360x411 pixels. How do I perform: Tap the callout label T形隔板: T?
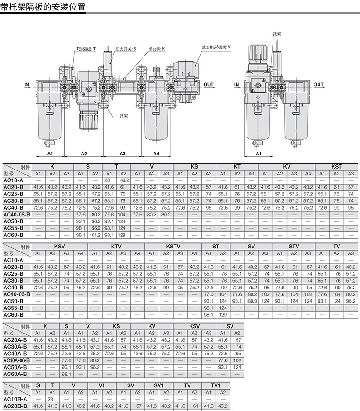tap(86, 49)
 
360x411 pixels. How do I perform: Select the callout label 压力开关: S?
tap(126, 49)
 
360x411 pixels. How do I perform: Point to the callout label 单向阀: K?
tap(157, 49)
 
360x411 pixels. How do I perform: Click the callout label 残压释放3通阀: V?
tap(216, 47)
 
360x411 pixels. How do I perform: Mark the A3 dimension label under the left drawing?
tap(123, 154)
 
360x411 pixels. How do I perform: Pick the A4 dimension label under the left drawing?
tap(156, 154)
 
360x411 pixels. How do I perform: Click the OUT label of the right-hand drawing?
tap(319, 84)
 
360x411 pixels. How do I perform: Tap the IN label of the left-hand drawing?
tap(27, 84)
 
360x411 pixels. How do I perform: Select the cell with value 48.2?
tap(124, 180)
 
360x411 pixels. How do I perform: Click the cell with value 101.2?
tap(95, 235)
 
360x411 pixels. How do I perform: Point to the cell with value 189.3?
tap(251, 301)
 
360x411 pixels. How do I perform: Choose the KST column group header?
tap(336, 166)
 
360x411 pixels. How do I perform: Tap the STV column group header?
tap(293, 247)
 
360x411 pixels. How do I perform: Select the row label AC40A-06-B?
tap(16, 360)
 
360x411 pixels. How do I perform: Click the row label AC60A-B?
tap(15, 374)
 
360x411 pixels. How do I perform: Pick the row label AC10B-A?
tap(15, 399)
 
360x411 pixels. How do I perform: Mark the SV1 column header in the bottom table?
tap(159, 385)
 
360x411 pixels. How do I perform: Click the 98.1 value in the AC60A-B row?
tap(67, 374)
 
